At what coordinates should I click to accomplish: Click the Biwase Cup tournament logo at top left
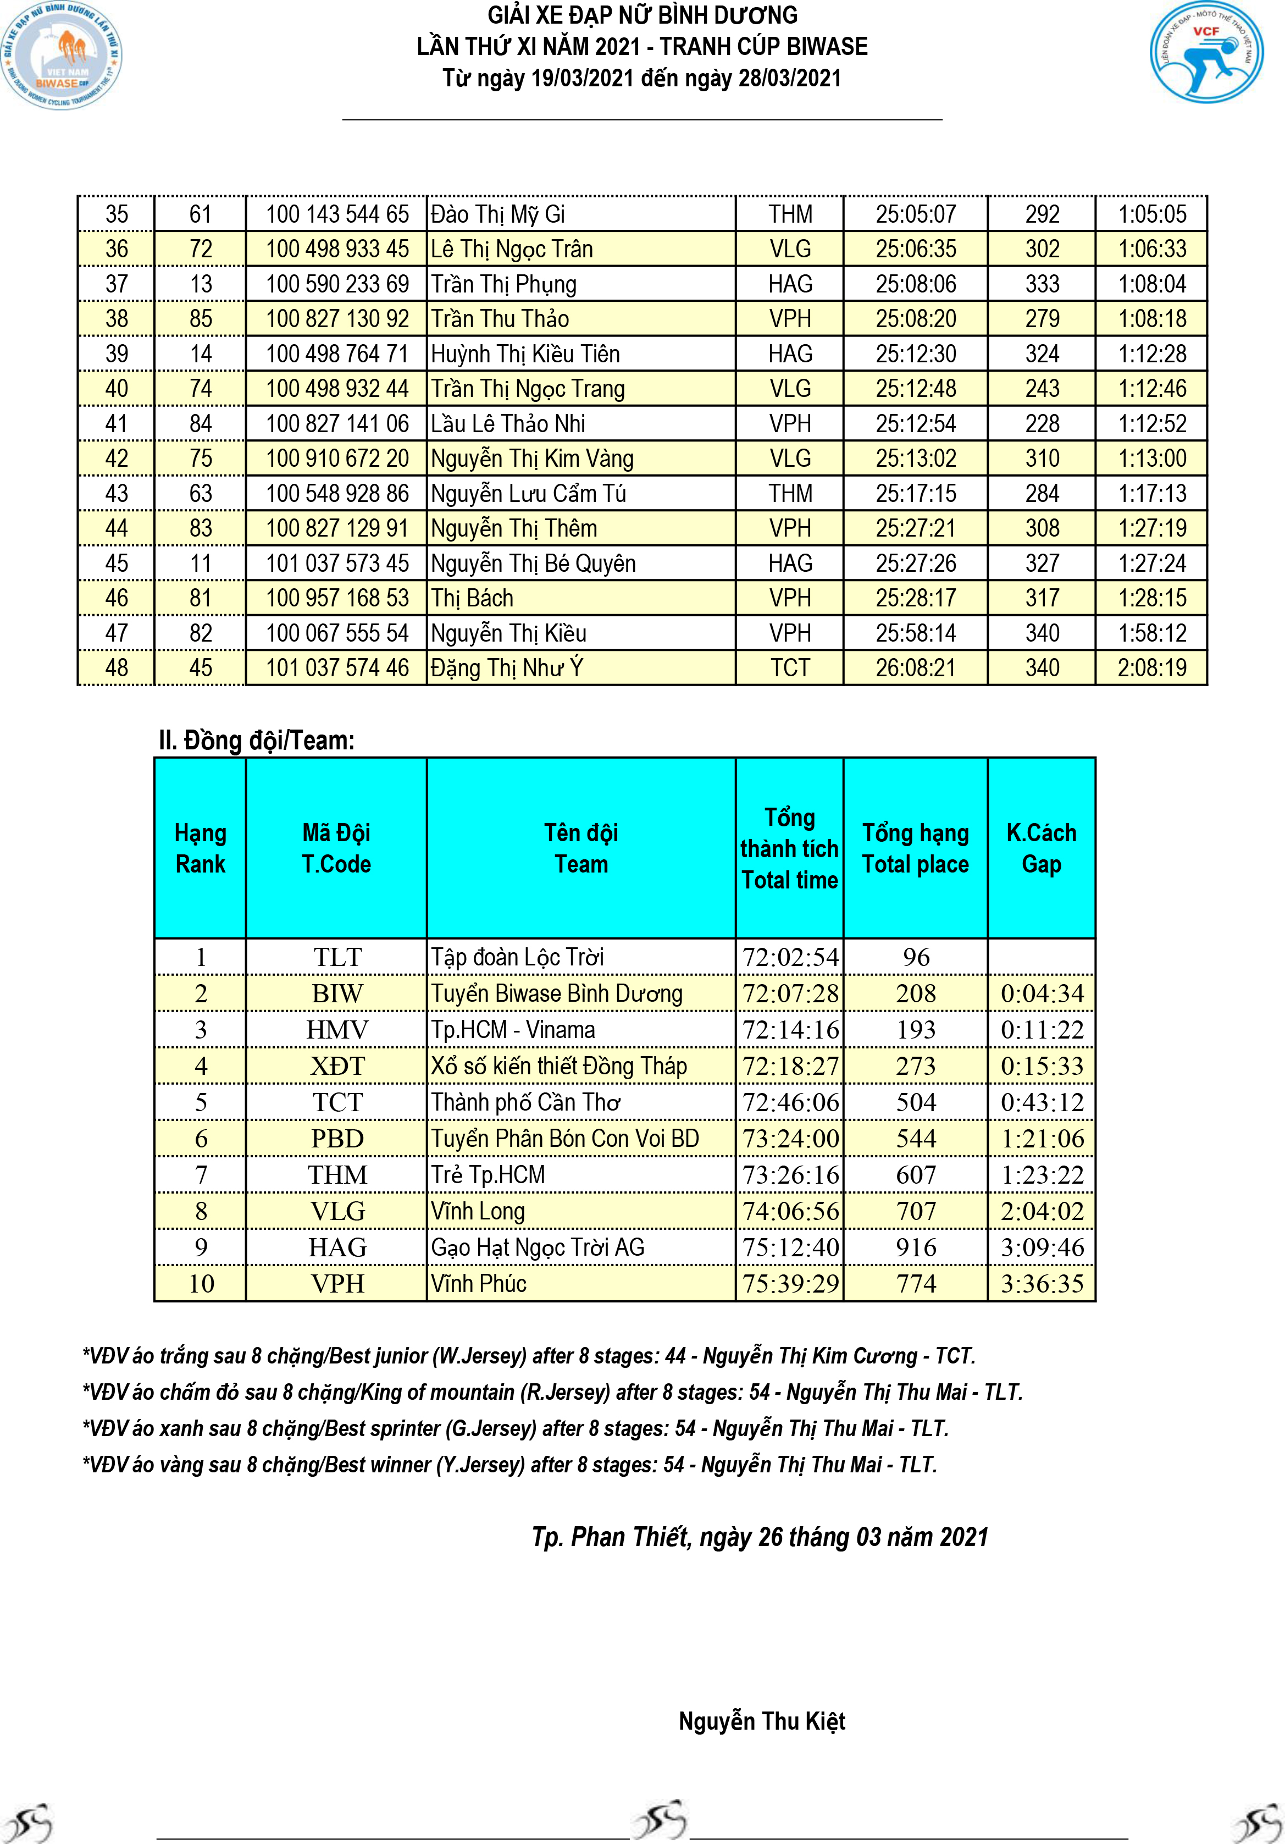tap(62, 54)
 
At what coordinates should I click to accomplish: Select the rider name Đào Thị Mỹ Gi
tap(498, 214)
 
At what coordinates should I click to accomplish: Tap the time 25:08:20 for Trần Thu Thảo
tap(916, 319)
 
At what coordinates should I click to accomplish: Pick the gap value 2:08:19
tap(1151, 667)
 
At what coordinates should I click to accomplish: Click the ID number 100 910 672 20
tap(337, 459)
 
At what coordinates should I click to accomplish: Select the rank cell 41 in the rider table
tap(117, 423)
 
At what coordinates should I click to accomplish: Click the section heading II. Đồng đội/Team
tap(256, 739)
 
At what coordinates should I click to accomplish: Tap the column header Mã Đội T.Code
tap(336, 848)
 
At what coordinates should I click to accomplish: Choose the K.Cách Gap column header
tap(1041, 848)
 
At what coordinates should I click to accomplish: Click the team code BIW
tap(337, 993)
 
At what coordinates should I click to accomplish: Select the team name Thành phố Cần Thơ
tap(525, 1102)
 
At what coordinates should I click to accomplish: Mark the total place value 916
tap(916, 1247)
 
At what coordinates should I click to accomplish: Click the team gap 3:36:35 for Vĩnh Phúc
tap(1042, 1283)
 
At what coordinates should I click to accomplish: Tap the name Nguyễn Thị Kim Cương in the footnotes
tap(810, 1356)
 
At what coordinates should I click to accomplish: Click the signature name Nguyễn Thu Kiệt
tap(761, 1721)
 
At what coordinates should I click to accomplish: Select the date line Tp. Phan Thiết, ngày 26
tap(759, 1537)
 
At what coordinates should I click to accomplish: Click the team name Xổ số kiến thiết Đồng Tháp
tap(558, 1065)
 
